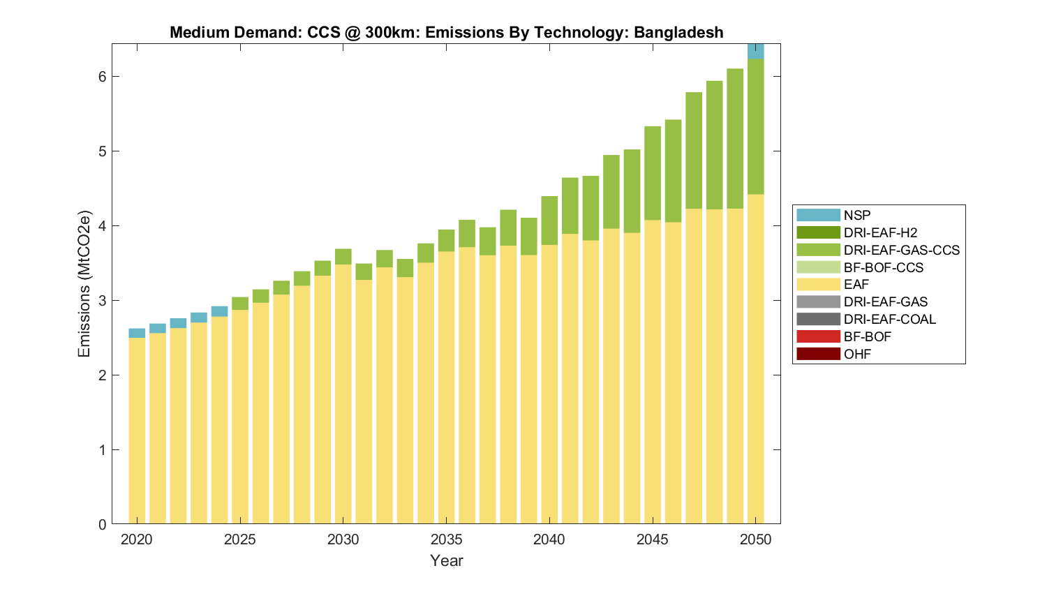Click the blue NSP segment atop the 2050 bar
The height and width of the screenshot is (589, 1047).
coord(755,52)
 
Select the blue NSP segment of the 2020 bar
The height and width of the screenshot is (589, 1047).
coord(137,333)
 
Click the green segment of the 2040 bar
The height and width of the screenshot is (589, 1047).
coord(549,221)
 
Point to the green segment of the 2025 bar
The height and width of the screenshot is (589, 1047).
coord(240,304)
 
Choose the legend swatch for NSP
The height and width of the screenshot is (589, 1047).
coord(818,215)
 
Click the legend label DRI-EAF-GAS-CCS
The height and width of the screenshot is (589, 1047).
coord(901,250)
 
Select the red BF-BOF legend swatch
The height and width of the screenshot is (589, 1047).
coord(818,336)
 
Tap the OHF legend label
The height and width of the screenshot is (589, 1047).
coord(857,354)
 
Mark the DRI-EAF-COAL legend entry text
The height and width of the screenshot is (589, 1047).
coord(889,319)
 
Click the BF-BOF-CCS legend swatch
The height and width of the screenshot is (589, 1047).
coord(818,267)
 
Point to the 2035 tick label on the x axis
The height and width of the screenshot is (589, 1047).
coord(446,539)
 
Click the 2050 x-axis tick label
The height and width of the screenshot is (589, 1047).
coord(755,539)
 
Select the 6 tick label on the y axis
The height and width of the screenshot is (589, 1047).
coord(101,77)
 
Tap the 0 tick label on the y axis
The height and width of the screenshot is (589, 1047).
coord(101,525)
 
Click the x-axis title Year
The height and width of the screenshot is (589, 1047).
coord(446,560)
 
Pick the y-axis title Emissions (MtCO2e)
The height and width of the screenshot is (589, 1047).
coord(84,283)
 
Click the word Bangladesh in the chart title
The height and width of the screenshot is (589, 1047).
coord(678,33)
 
